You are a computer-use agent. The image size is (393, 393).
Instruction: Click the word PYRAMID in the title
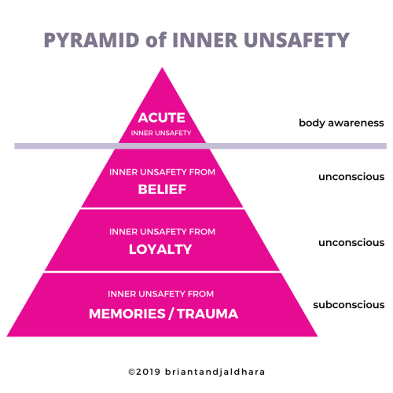pyautogui.click(x=92, y=40)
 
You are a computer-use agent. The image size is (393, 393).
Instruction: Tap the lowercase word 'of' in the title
pyautogui.click(x=156, y=39)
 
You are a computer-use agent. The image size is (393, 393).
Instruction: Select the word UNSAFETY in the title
pyautogui.click(x=296, y=40)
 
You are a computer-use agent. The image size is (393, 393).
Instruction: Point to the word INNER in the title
pyautogui.click(x=205, y=40)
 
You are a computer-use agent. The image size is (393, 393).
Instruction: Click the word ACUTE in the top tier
pyautogui.click(x=162, y=118)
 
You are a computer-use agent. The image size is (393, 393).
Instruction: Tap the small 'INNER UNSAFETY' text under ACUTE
pyautogui.click(x=161, y=133)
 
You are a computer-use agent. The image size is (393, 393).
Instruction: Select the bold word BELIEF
pyautogui.click(x=162, y=189)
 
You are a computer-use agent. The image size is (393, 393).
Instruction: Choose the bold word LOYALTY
pyautogui.click(x=160, y=249)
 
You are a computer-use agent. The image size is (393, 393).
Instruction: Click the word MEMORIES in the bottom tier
pyautogui.click(x=127, y=314)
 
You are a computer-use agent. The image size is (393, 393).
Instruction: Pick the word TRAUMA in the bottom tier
pyautogui.click(x=208, y=314)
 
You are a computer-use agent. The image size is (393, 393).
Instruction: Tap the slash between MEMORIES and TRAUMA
pyautogui.click(x=171, y=314)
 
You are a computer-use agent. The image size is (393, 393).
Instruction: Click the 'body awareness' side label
pyautogui.click(x=341, y=123)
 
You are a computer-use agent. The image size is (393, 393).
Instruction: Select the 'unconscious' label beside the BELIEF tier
pyautogui.click(x=351, y=177)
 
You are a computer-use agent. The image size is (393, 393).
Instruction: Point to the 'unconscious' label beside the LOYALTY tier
pyautogui.click(x=351, y=243)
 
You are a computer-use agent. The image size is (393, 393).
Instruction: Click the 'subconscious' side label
pyautogui.click(x=349, y=305)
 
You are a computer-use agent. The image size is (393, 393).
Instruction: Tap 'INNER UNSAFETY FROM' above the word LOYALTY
pyautogui.click(x=162, y=232)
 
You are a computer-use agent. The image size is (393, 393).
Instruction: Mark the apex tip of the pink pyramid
pyautogui.click(x=162, y=68)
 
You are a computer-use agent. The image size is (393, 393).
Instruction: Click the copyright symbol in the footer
pyautogui.click(x=131, y=372)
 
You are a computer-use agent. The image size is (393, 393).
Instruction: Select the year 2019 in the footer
pyautogui.click(x=149, y=372)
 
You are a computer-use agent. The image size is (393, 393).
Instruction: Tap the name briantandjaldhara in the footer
pyautogui.click(x=215, y=373)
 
